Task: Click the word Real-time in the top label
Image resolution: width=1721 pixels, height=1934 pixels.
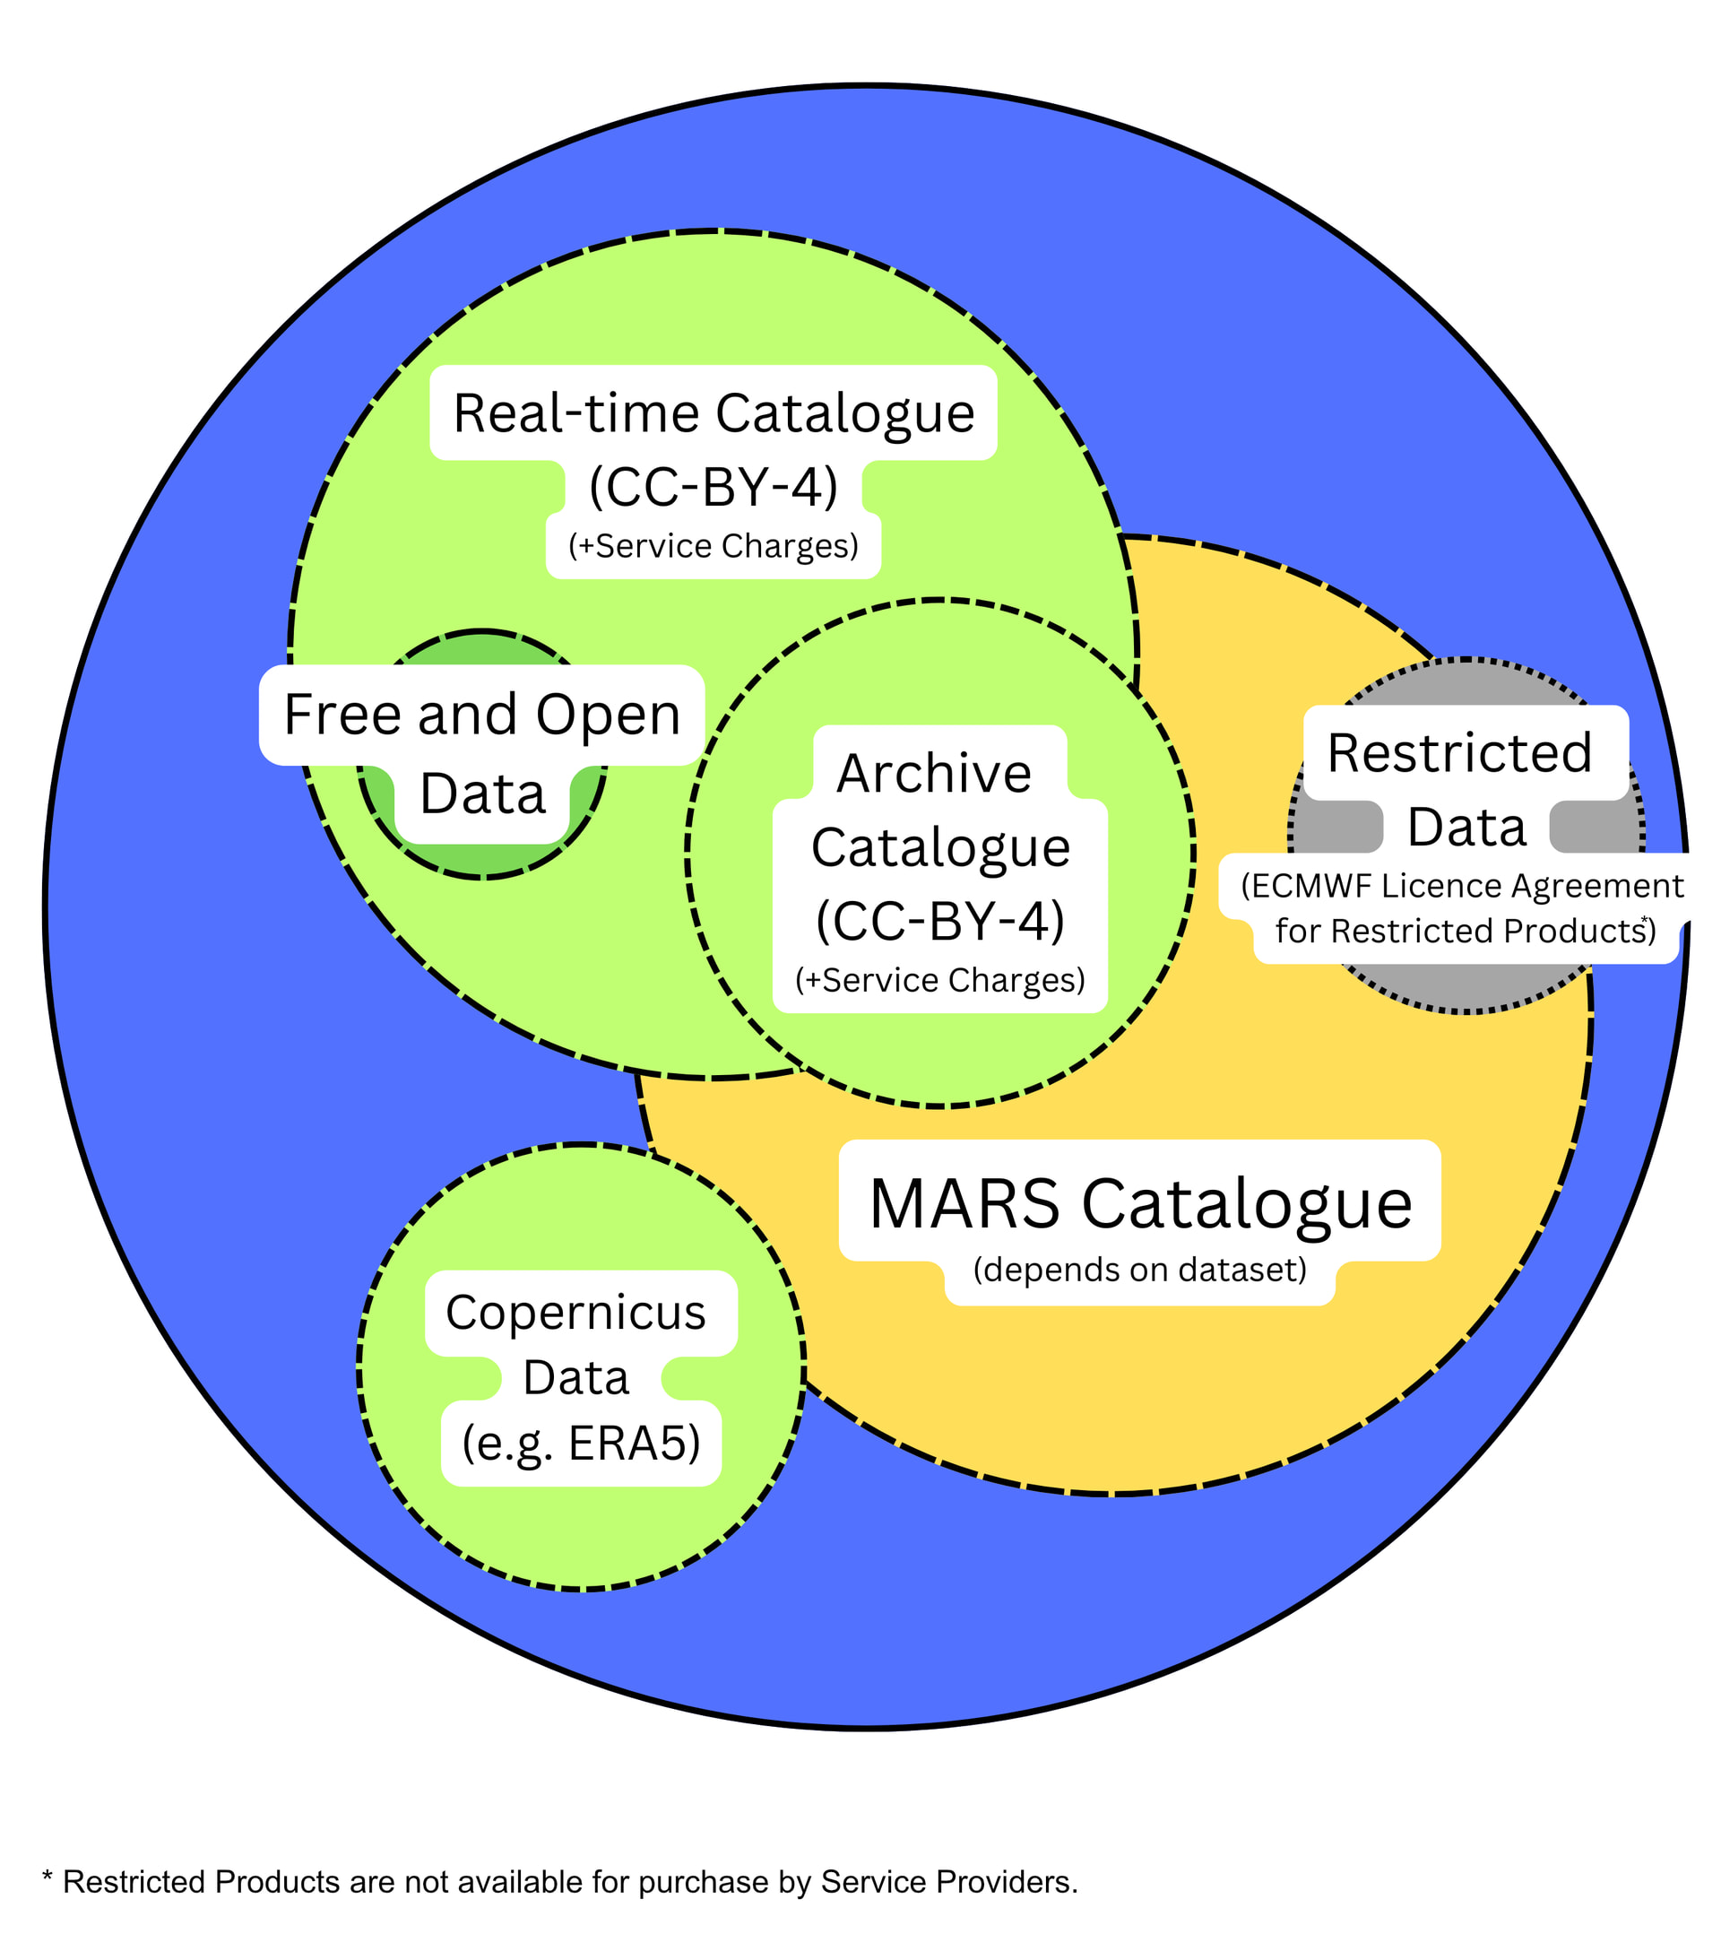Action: click(577, 413)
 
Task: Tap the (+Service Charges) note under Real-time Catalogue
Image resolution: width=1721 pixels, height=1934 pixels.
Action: click(713, 546)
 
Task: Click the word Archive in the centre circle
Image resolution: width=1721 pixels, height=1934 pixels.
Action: click(934, 773)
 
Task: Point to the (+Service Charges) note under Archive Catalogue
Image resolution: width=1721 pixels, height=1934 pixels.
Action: click(939, 980)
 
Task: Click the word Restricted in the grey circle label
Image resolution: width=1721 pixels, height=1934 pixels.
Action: click(1459, 753)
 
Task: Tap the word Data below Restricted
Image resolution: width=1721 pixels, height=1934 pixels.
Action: click(1466, 828)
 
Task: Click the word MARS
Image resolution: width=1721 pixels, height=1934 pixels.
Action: click(964, 1204)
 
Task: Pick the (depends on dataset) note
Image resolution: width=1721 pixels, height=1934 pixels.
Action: click(1139, 1270)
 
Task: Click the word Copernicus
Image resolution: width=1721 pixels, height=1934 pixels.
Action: click(575, 1314)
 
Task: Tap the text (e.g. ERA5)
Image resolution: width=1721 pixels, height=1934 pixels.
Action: click(581, 1444)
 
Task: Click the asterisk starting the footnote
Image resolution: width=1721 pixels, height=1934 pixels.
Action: click(48, 1880)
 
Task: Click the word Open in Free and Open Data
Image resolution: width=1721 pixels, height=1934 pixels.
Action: click(608, 715)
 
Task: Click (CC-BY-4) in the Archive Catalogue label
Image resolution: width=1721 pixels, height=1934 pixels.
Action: click(939, 921)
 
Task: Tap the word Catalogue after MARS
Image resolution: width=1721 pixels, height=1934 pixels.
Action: click(1246, 1204)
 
